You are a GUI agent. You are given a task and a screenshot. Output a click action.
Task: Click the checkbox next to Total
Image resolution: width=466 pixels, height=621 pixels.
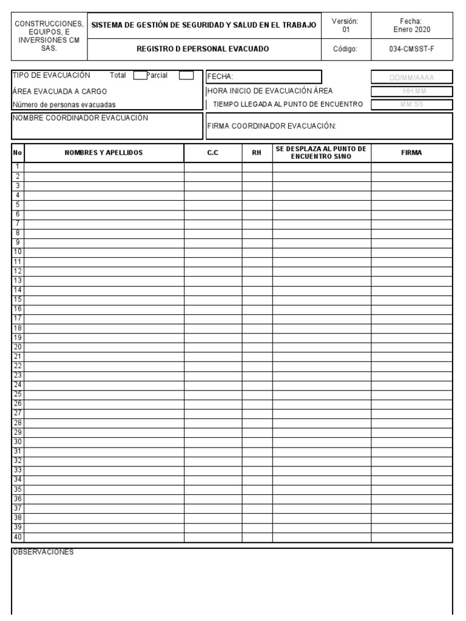[140, 76]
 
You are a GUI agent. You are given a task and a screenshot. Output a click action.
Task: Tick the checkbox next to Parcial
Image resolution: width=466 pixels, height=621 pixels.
[187, 76]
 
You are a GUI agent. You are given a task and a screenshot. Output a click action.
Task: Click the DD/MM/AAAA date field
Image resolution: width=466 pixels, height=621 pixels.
[412, 77]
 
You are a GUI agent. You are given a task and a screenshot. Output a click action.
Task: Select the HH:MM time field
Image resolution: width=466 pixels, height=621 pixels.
[412, 91]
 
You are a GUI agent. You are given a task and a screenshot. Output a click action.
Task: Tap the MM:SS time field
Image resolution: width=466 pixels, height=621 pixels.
[412, 104]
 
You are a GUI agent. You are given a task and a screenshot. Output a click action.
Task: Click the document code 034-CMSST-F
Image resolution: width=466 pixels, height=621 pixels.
[411, 49]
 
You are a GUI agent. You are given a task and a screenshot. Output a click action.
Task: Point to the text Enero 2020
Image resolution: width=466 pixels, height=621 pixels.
[411, 29]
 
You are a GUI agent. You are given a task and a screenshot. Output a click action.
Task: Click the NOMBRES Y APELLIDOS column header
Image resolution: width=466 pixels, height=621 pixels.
[104, 153]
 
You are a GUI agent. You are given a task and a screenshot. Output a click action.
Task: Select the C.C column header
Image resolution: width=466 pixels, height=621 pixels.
[213, 153]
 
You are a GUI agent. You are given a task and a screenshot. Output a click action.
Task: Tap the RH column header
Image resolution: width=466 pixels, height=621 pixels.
[257, 153]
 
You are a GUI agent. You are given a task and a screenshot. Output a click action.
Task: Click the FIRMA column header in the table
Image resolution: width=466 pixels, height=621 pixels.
[411, 153]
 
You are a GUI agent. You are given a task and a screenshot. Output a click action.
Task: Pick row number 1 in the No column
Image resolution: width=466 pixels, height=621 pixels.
[18, 167]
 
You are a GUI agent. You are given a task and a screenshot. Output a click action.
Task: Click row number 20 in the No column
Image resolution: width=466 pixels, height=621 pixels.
[18, 347]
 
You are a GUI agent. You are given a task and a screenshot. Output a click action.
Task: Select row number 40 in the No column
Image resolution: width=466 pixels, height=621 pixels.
[18, 537]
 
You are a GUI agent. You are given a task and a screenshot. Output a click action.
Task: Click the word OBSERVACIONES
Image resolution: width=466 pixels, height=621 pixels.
[44, 552]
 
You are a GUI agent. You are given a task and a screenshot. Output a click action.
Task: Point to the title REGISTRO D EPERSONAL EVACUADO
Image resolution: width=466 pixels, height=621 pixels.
[203, 49]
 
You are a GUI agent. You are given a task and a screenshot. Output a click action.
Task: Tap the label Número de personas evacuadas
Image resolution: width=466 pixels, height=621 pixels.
[64, 104]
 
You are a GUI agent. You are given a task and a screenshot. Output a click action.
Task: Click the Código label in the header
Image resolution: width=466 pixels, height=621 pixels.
[345, 49]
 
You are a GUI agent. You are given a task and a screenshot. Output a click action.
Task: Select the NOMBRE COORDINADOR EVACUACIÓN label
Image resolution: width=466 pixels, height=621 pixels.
[80, 118]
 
